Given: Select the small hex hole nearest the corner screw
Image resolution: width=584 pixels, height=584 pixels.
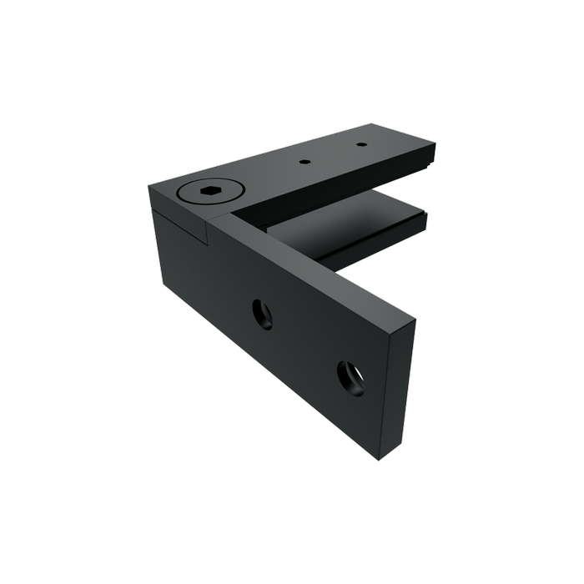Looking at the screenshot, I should coord(306,160).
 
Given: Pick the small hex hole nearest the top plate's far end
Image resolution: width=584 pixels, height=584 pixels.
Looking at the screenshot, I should coord(361,145).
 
